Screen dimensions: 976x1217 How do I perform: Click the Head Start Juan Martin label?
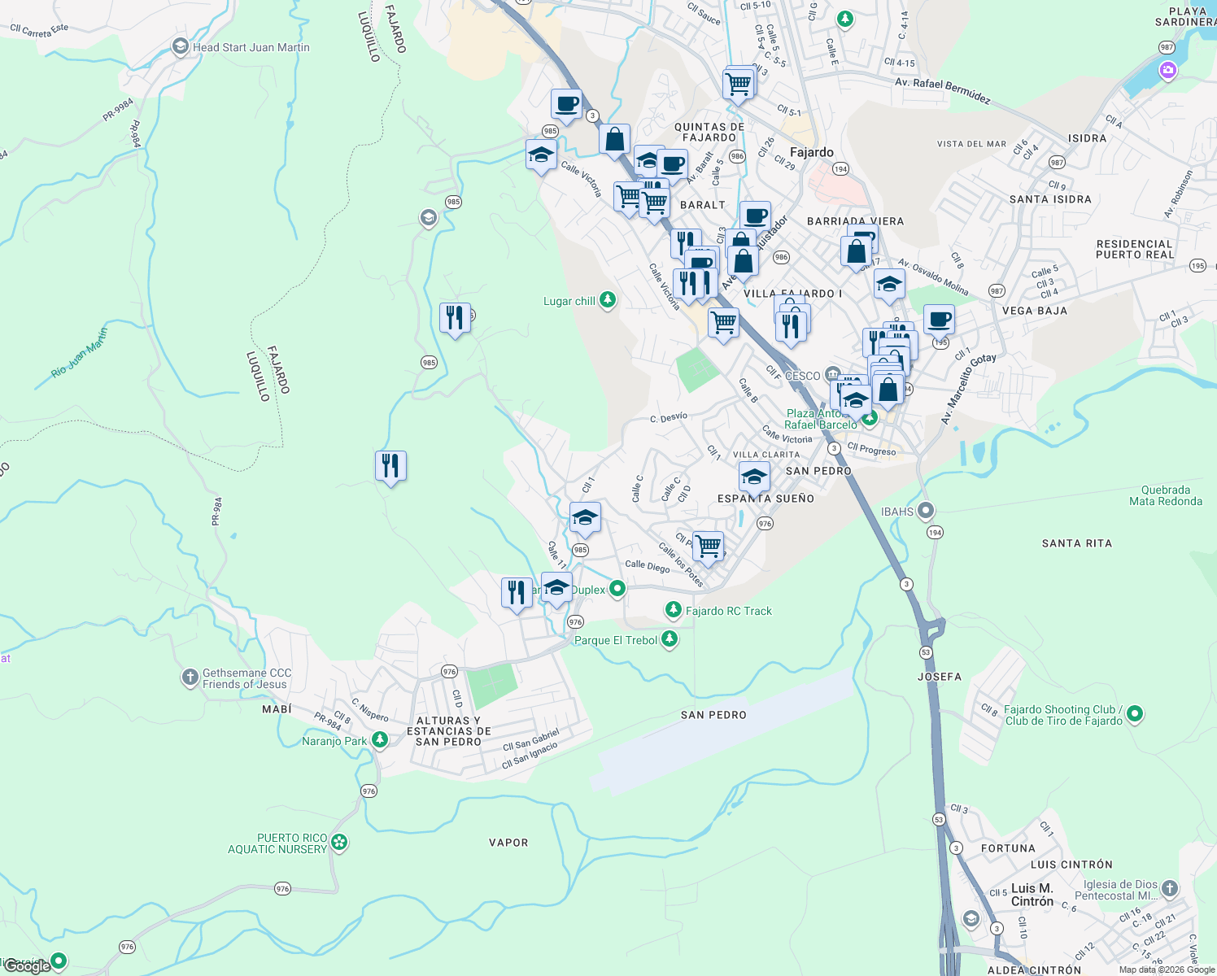coord(251,47)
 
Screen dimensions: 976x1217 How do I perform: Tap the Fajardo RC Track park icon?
coord(673,610)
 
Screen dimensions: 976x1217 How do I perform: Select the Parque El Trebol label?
coord(616,640)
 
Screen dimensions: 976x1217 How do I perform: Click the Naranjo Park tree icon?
coord(379,740)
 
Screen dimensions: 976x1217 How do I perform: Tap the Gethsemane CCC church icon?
coord(190,677)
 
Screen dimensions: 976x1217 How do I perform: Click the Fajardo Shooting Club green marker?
coord(1135,714)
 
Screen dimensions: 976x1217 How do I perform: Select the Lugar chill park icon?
coord(607,300)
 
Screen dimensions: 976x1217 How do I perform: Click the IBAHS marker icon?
coord(925,511)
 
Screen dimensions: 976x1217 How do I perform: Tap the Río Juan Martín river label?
coord(79,352)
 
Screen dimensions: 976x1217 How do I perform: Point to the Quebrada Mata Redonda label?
coord(1165,495)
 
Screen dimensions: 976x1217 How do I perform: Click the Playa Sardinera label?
coord(1186,16)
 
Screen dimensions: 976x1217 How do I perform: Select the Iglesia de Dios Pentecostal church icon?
coord(1169,888)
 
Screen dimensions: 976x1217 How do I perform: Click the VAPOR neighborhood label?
coord(508,843)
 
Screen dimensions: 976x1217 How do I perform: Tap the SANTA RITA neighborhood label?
coord(1076,543)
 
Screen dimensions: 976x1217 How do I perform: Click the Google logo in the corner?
coord(27,965)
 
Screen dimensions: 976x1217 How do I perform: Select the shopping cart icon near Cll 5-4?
coord(738,83)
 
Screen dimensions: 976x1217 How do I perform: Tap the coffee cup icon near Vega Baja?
coord(939,319)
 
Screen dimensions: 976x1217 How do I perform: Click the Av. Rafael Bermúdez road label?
coord(942,90)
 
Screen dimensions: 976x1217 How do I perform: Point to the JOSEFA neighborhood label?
coord(939,677)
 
